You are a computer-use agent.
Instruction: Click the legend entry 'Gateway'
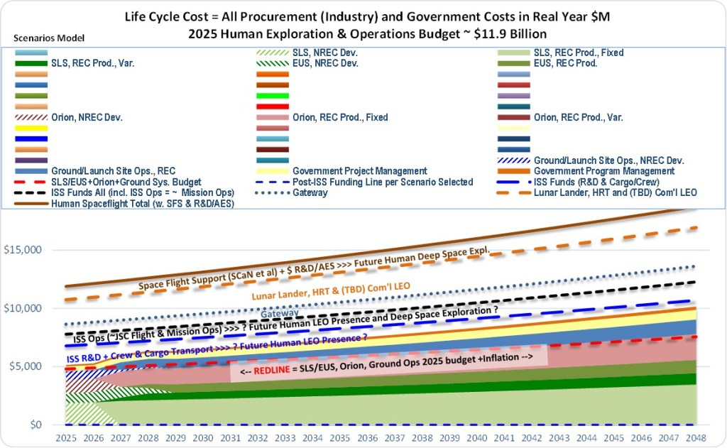coord(310,193)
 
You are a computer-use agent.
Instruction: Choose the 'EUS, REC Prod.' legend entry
coord(565,63)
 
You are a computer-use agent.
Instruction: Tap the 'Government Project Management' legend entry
coord(359,171)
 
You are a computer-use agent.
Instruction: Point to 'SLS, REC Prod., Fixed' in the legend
coord(578,53)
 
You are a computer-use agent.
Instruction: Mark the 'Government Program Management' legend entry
coord(604,171)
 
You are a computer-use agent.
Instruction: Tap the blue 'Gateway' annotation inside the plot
coord(280,315)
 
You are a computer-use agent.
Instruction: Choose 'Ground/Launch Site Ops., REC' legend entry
coord(113,171)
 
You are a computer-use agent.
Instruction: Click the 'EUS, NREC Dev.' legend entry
coord(327,63)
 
